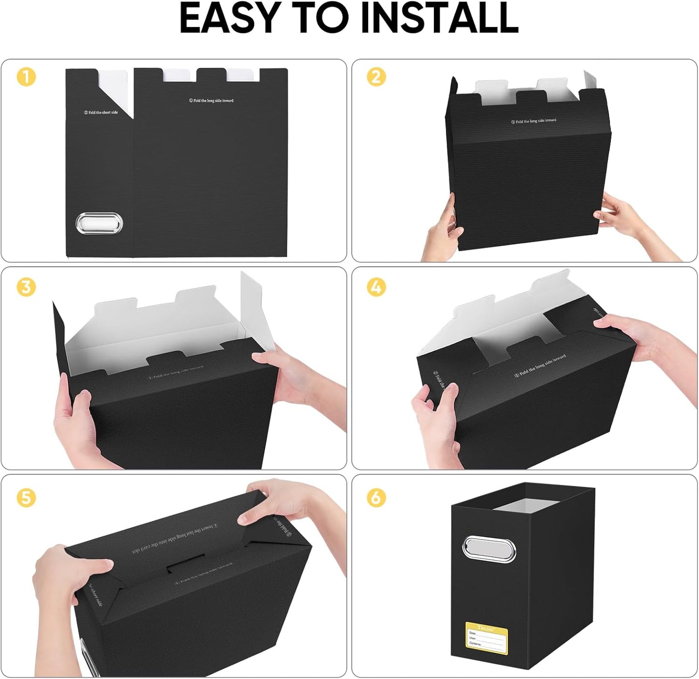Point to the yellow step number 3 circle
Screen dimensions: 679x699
(26, 287)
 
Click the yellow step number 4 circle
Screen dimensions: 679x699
(376, 287)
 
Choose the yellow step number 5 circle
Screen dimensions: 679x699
(26, 497)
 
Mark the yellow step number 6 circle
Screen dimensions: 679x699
(376, 497)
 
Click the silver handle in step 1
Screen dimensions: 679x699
(99, 224)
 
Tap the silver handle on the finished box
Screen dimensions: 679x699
(490, 549)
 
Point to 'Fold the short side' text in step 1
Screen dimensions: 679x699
(101, 112)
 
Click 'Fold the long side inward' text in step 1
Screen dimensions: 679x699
(211, 101)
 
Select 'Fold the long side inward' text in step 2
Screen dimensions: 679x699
(534, 121)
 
